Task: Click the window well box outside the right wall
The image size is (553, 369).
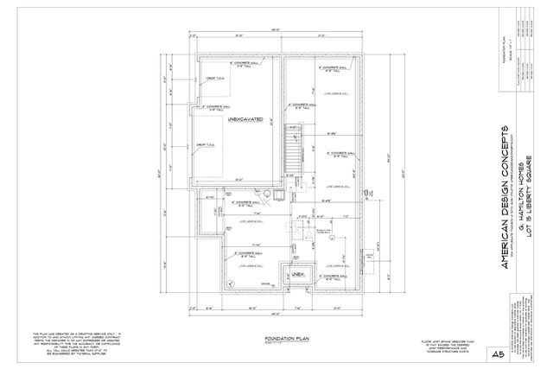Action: click(x=370, y=257)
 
